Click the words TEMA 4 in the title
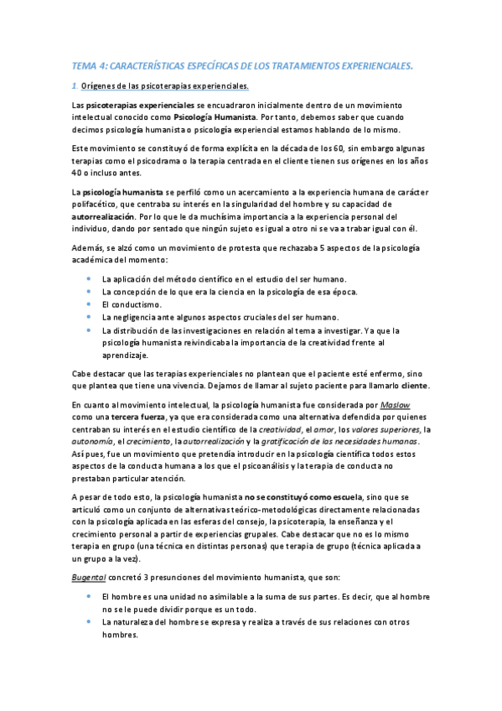85,65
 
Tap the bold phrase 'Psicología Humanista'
218,118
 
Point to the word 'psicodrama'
162,161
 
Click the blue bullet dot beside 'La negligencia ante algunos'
89,317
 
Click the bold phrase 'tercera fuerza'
136,416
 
